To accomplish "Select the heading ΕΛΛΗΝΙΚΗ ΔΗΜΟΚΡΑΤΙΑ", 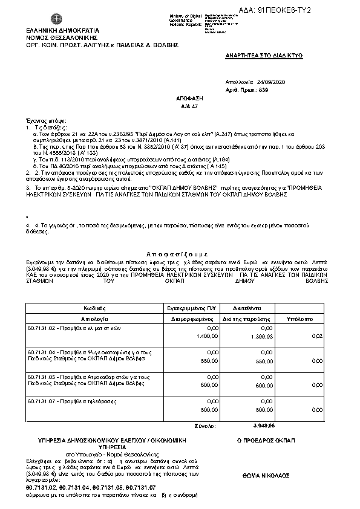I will [54, 30].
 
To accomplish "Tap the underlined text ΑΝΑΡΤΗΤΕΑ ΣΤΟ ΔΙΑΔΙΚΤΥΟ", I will [264, 54].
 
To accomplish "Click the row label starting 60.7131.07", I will [72, 401].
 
